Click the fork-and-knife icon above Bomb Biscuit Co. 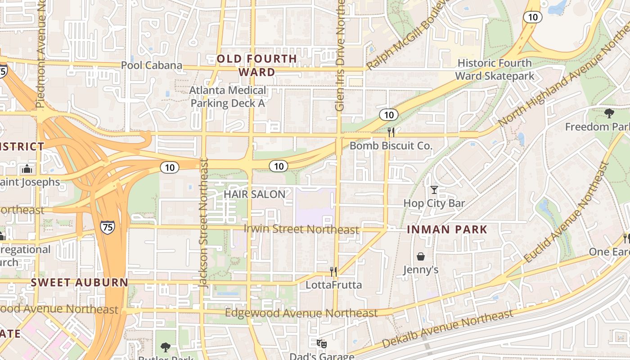(x=391, y=132)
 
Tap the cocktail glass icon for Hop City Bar (x=434, y=190)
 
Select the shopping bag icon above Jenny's (x=421, y=256)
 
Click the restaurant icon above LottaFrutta (x=333, y=271)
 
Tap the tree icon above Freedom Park (x=609, y=113)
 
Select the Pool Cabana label (x=152, y=65)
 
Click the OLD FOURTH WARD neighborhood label (x=257, y=65)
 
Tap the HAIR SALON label (x=255, y=194)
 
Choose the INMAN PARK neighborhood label (x=447, y=229)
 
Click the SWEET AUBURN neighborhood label (x=80, y=283)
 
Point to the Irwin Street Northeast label (x=301, y=229)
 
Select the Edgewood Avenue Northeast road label (x=301, y=313)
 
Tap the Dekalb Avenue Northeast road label (x=447, y=328)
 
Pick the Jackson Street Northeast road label (x=203, y=223)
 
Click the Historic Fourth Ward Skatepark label (x=495, y=69)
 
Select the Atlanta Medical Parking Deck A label (x=228, y=96)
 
